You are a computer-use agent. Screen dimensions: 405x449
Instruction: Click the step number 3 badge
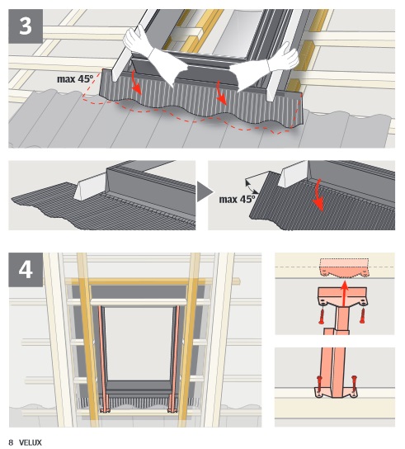26,26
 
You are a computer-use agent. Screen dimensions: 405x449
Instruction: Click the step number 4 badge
26,270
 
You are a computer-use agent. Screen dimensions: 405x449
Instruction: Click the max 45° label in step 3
75,78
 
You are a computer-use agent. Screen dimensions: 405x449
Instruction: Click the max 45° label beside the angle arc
237,199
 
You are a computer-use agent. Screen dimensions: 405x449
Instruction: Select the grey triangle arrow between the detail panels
205,191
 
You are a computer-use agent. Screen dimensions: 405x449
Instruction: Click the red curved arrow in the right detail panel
318,196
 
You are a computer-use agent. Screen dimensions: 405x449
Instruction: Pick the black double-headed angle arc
251,187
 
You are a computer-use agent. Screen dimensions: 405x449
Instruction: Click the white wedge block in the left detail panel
90,187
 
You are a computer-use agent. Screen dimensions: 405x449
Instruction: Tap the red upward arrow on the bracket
345,294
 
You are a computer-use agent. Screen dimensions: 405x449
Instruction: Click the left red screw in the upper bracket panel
322,316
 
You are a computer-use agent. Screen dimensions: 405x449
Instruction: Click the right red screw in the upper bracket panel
363,315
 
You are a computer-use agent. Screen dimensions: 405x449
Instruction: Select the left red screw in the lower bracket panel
320,385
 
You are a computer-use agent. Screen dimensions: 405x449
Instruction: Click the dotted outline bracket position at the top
344,268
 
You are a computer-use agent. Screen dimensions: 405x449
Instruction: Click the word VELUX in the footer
31,442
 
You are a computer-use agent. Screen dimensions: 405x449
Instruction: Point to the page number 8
12,442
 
